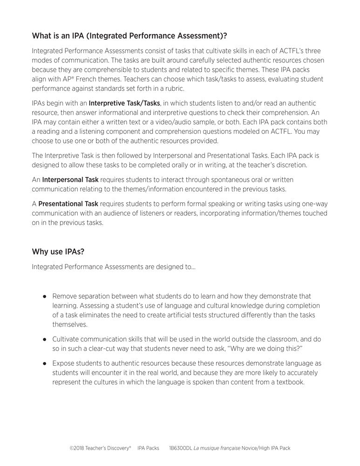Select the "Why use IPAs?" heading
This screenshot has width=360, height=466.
click(58, 252)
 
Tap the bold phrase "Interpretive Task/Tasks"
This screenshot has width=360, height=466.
click(124, 103)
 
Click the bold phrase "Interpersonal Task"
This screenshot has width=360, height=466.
click(70, 179)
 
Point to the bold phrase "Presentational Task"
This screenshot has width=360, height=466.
click(68, 204)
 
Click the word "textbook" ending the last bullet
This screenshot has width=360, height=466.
click(290, 382)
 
